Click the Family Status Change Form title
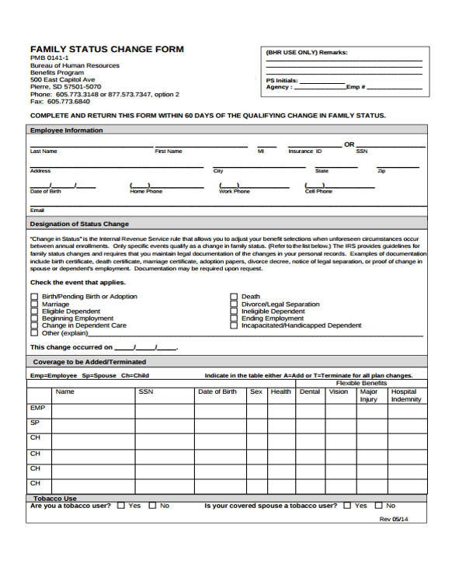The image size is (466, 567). click(x=106, y=49)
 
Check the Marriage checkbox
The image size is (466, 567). click(x=33, y=304)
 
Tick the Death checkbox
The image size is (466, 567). click(x=233, y=297)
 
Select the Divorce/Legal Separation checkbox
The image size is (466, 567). click(x=233, y=304)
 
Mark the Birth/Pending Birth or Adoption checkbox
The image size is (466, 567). click(x=33, y=297)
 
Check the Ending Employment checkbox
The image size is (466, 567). click(x=233, y=318)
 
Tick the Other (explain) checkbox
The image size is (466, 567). click(x=33, y=333)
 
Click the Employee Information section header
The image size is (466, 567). click(x=66, y=130)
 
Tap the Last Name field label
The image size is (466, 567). click(x=43, y=151)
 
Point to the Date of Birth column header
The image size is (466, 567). click(x=217, y=391)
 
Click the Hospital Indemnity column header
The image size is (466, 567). click(x=405, y=395)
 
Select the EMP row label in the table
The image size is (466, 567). click(x=38, y=408)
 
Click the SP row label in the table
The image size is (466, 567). click(x=35, y=423)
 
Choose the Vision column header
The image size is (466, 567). click(x=339, y=391)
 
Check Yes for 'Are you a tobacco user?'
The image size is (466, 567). click(x=120, y=506)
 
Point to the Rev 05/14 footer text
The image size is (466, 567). click(x=393, y=519)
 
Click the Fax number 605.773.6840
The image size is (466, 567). click(x=60, y=102)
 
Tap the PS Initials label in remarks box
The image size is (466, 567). click(x=281, y=80)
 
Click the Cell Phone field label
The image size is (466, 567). click(x=318, y=191)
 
